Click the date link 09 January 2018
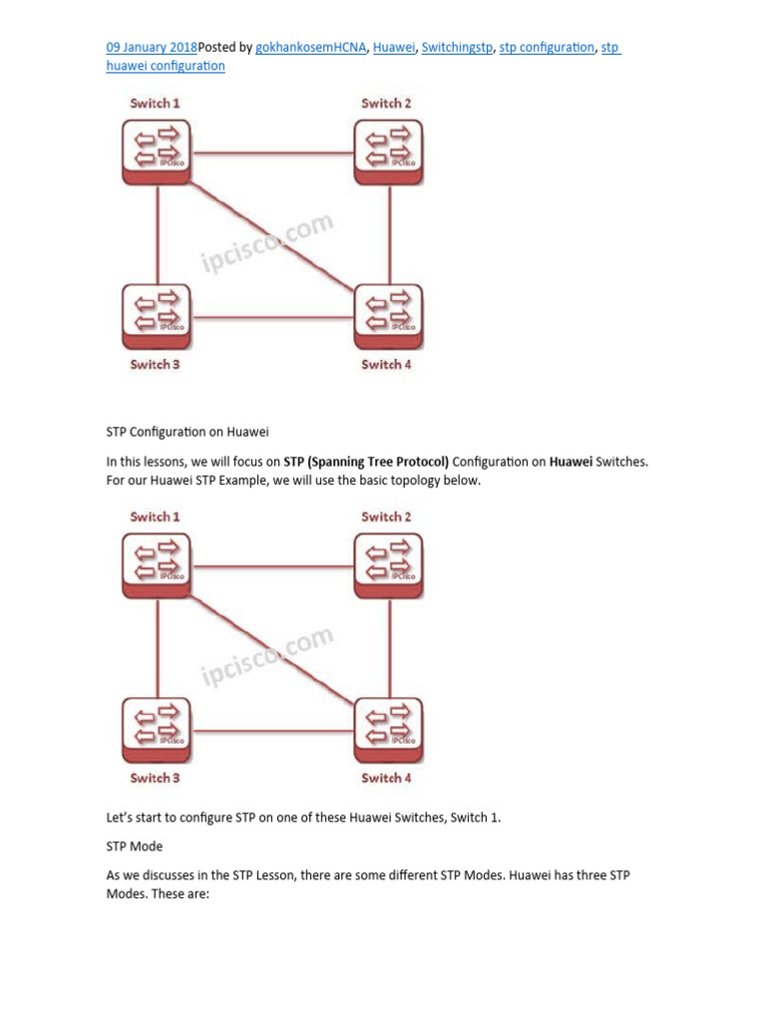point(152,47)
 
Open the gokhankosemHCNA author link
point(310,47)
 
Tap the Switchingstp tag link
point(457,47)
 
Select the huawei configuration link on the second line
point(166,66)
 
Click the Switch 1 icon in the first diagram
point(157,152)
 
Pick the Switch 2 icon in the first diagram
point(388,152)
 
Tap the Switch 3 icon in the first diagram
point(157,315)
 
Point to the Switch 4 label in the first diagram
point(387,365)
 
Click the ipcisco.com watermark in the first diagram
point(267,243)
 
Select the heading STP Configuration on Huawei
point(188,432)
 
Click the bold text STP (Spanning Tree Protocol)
point(366,462)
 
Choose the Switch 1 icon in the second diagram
point(157,565)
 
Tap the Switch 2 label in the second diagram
point(387,516)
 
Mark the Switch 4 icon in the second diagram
point(388,729)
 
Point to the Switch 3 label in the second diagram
point(155,778)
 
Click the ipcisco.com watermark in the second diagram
point(267,657)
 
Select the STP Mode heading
point(135,847)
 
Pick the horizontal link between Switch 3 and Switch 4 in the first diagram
point(271,317)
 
